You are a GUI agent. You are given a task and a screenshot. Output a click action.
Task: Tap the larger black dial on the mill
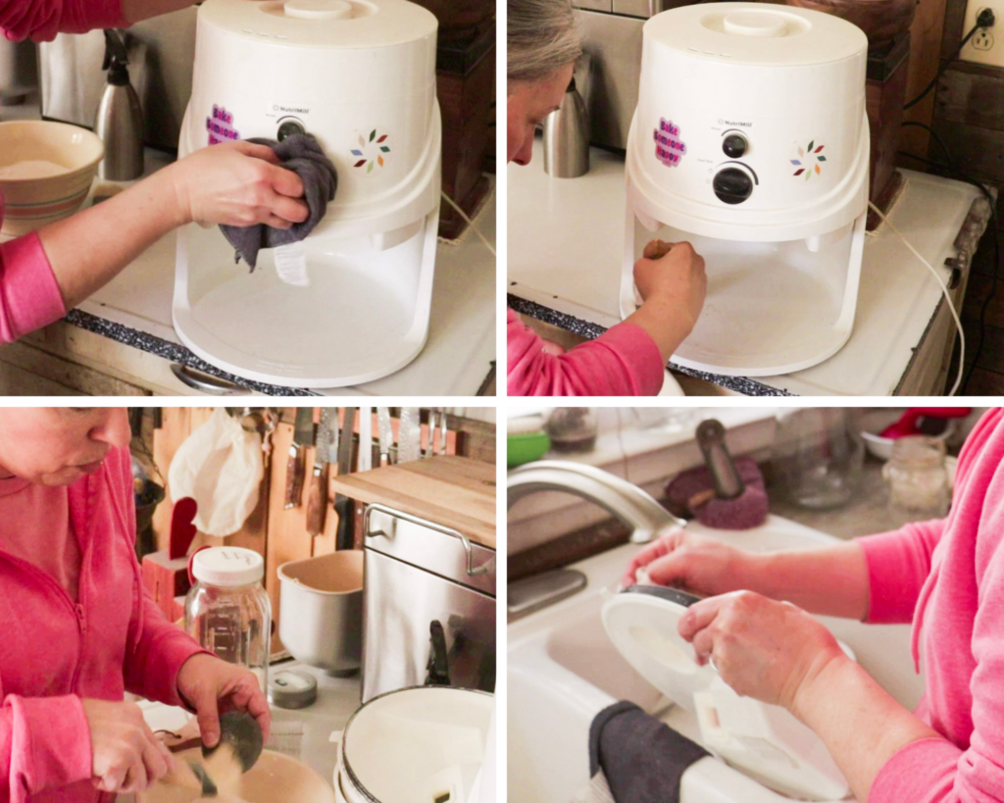point(732,183)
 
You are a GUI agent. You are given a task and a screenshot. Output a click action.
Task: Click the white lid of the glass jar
point(227,567)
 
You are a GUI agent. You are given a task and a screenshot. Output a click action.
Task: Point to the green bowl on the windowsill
point(527,446)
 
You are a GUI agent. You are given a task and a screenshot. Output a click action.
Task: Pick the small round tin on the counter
point(293,688)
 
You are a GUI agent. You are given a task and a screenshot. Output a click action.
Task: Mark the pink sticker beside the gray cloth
point(222,125)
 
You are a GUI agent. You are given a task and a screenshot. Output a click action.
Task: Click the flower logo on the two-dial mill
point(809,159)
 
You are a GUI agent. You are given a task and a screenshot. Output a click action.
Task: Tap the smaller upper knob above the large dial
point(734,145)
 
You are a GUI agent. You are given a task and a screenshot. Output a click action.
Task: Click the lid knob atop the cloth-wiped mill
point(316,9)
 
